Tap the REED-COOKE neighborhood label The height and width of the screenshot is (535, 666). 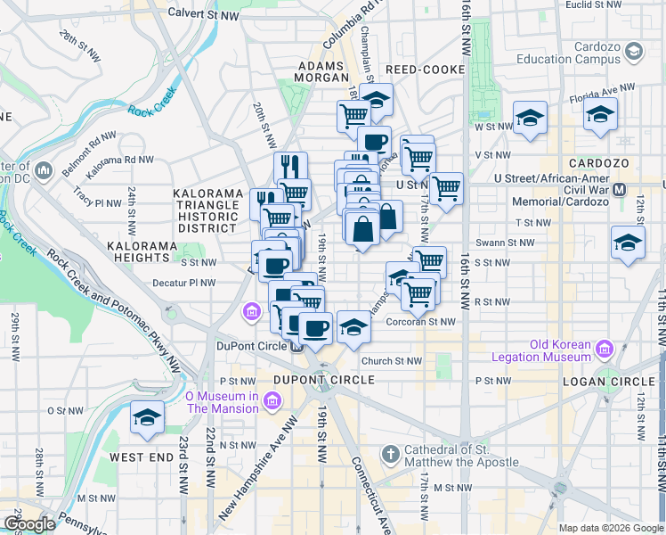pos(425,70)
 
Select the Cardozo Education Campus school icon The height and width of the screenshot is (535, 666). pos(633,53)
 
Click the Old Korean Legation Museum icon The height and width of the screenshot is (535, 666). pos(608,347)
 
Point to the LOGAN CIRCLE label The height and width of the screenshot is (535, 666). pos(608,382)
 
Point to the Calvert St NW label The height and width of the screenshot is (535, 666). pos(206,15)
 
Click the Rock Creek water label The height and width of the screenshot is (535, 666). pos(148,111)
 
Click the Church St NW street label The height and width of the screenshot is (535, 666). pos(392,361)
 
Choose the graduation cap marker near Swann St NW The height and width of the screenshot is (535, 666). pos(627,242)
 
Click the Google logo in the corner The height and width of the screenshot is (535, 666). pos(28,523)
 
